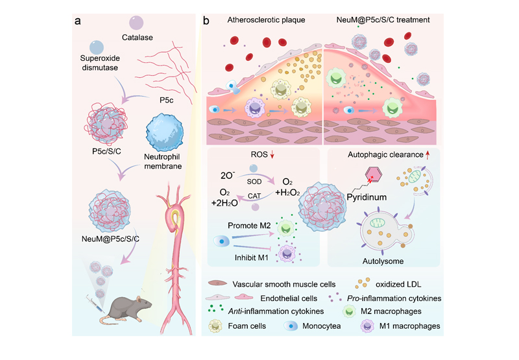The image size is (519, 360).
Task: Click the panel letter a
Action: click(78, 21)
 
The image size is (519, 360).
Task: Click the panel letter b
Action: click(206, 21)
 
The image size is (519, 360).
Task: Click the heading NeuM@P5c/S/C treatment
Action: click(380, 21)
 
